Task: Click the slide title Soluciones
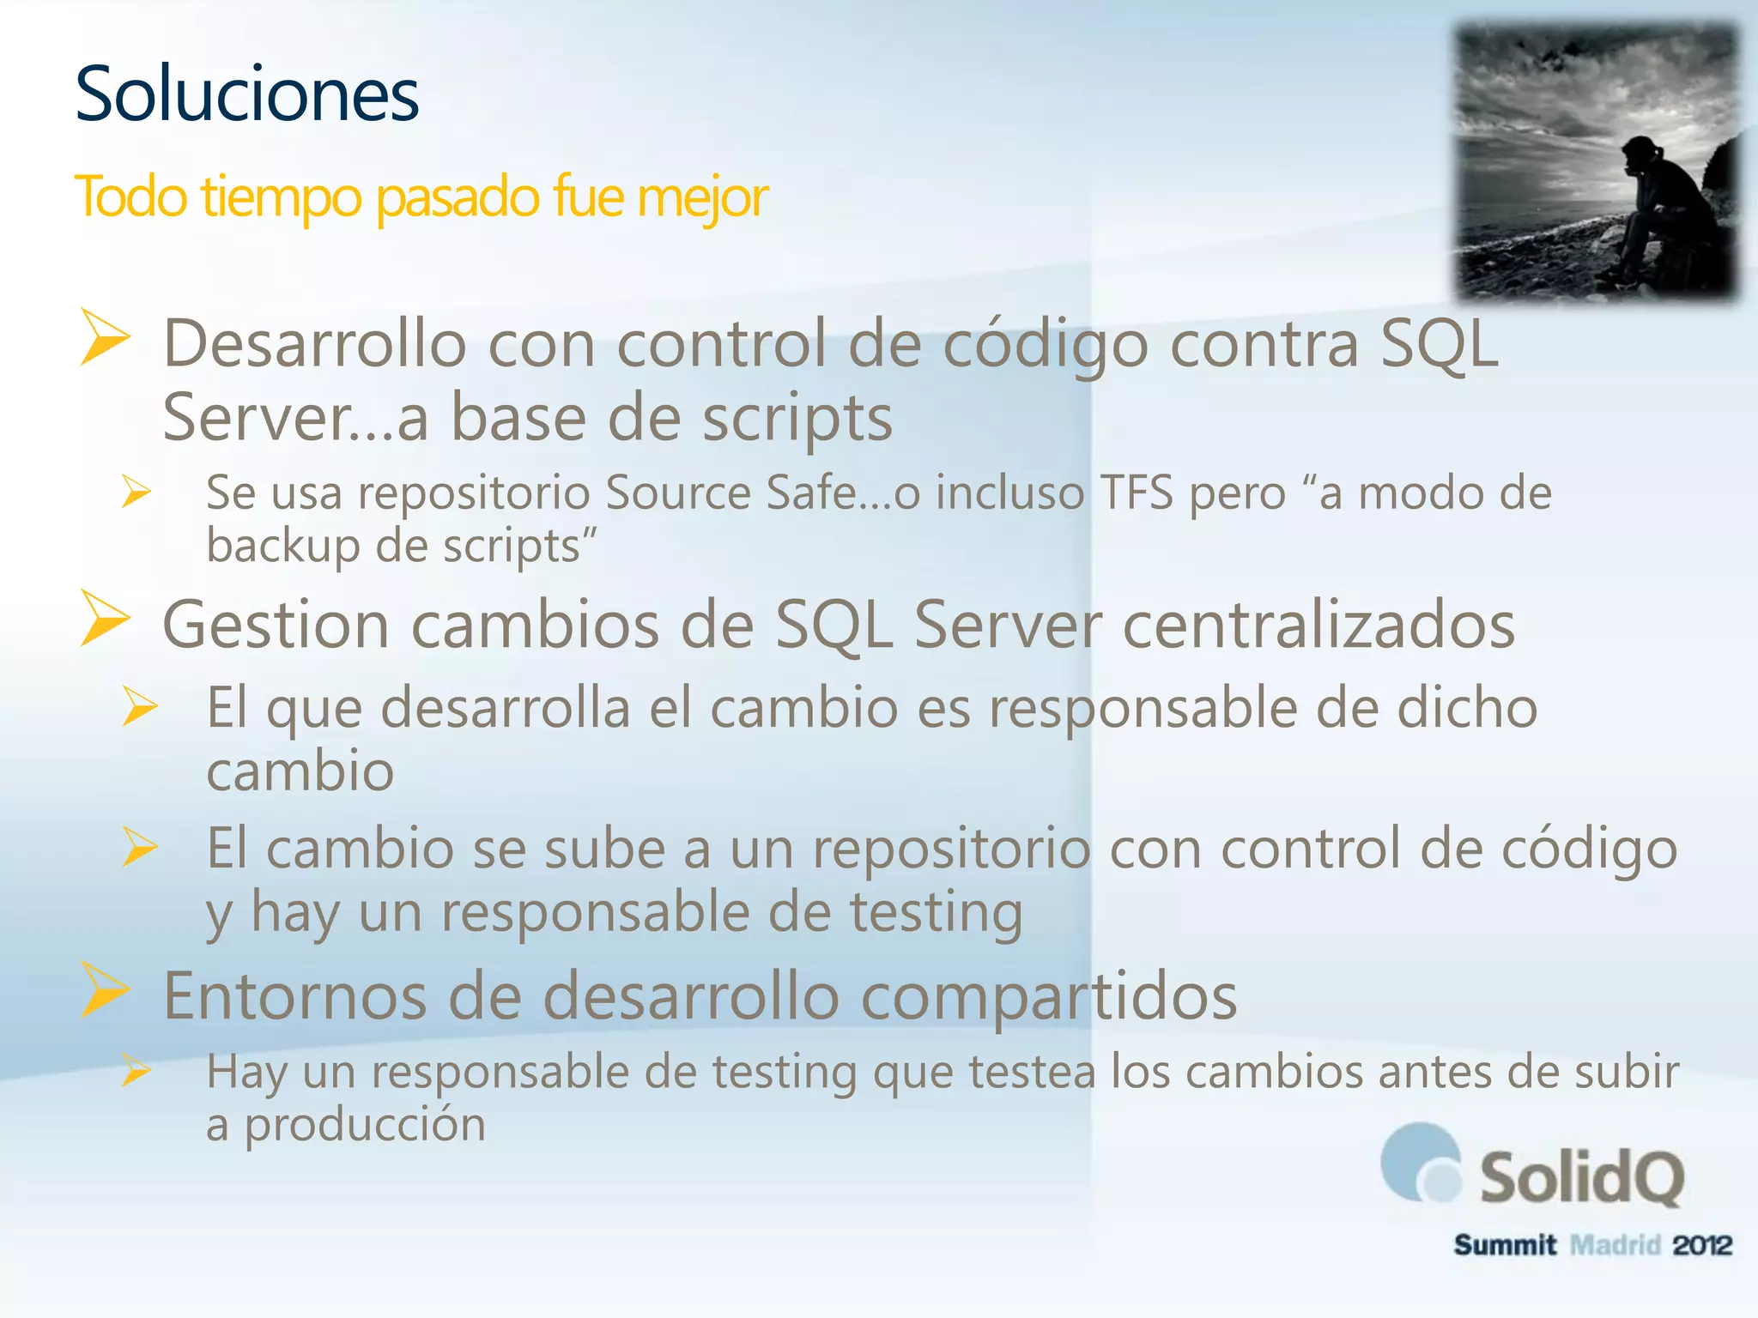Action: (x=247, y=94)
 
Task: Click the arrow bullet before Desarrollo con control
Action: (x=105, y=337)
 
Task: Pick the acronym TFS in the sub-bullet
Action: (x=1137, y=493)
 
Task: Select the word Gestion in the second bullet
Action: (x=276, y=625)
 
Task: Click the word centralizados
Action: (x=1318, y=625)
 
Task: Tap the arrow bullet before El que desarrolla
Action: (x=139, y=706)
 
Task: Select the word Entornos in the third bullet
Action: (x=294, y=996)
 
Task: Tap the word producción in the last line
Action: (x=365, y=1125)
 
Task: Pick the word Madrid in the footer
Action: (x=1615, y=1245)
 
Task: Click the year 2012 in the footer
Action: (x=1702, y=1245)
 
